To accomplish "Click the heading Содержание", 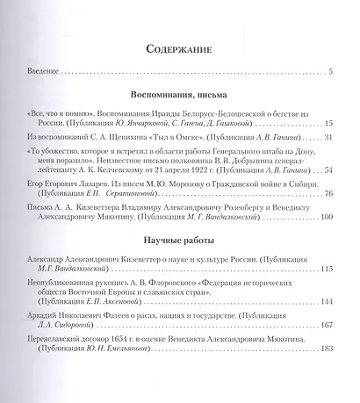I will (x=179, y=51).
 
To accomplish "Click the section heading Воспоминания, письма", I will (x=179, y=92).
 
